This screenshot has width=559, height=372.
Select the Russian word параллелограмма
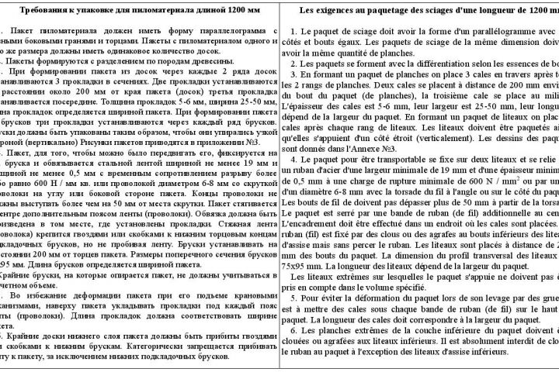[233, 29]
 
